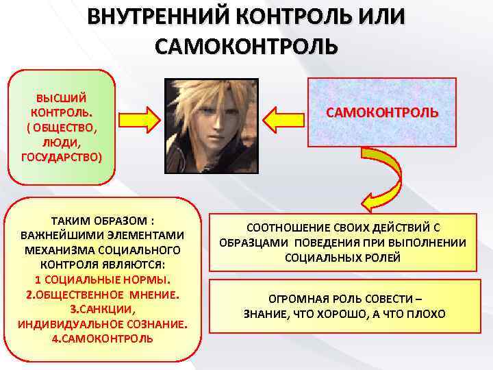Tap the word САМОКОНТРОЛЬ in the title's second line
click(x=246, y=47)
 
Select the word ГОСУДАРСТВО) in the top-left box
click(x=62, y=156)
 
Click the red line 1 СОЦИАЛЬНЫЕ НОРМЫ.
click(x=103, y=280)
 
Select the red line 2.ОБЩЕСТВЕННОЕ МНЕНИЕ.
click(x=103, y=295)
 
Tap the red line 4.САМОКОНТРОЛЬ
click(x=103, y=338)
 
